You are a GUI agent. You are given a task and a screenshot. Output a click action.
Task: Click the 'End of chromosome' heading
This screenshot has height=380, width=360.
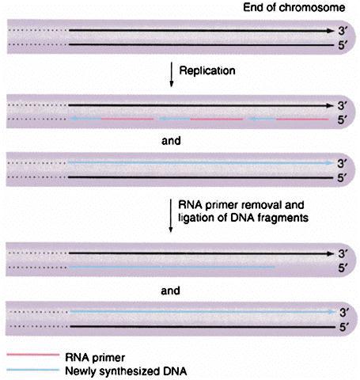(x=294, y=7)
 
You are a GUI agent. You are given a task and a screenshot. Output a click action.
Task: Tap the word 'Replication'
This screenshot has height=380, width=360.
(x=207, y=70)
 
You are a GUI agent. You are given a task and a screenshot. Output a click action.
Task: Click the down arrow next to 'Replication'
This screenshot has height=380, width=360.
(x=172, y=74)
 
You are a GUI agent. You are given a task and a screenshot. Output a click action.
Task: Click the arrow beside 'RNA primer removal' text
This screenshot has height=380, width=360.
(x=171, y=215)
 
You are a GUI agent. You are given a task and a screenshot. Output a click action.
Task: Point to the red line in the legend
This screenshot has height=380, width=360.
(x=33, y=355)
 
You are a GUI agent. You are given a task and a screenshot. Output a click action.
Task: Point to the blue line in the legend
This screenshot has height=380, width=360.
(x=33, y=370)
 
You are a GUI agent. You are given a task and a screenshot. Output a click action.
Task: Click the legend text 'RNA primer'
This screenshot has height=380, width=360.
(x=95, y=358)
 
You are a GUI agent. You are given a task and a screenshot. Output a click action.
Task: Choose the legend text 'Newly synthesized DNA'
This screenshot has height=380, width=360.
(x=126, y=371)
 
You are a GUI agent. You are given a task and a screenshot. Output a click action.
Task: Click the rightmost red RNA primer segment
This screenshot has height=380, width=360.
(x=302, y=120)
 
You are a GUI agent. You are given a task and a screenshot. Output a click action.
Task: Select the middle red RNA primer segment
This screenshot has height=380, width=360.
(x=217, y=120)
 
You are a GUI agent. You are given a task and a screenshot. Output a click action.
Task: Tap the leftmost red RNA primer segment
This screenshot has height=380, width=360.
(x=127, y=119)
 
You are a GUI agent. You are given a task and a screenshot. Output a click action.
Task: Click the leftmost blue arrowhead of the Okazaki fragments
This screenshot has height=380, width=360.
(x=73, y=119)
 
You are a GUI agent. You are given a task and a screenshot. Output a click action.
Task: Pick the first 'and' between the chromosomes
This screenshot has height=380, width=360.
(x=171, y=141)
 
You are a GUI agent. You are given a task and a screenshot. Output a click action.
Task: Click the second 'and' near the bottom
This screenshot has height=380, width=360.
(x=170, y=291)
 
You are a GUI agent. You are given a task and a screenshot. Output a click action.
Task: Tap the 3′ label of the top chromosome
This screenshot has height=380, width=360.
(x=343, y=31)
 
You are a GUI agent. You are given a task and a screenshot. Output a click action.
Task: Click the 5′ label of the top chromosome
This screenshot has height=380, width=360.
(x=343, y=45)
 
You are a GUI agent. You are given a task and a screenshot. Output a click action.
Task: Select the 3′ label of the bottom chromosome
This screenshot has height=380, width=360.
(x=344, y=313)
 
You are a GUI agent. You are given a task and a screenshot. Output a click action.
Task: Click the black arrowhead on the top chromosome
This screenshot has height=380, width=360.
(x=331, y=31)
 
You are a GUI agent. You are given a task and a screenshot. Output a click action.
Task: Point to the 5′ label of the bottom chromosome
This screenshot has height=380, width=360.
(x=344, y=327)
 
